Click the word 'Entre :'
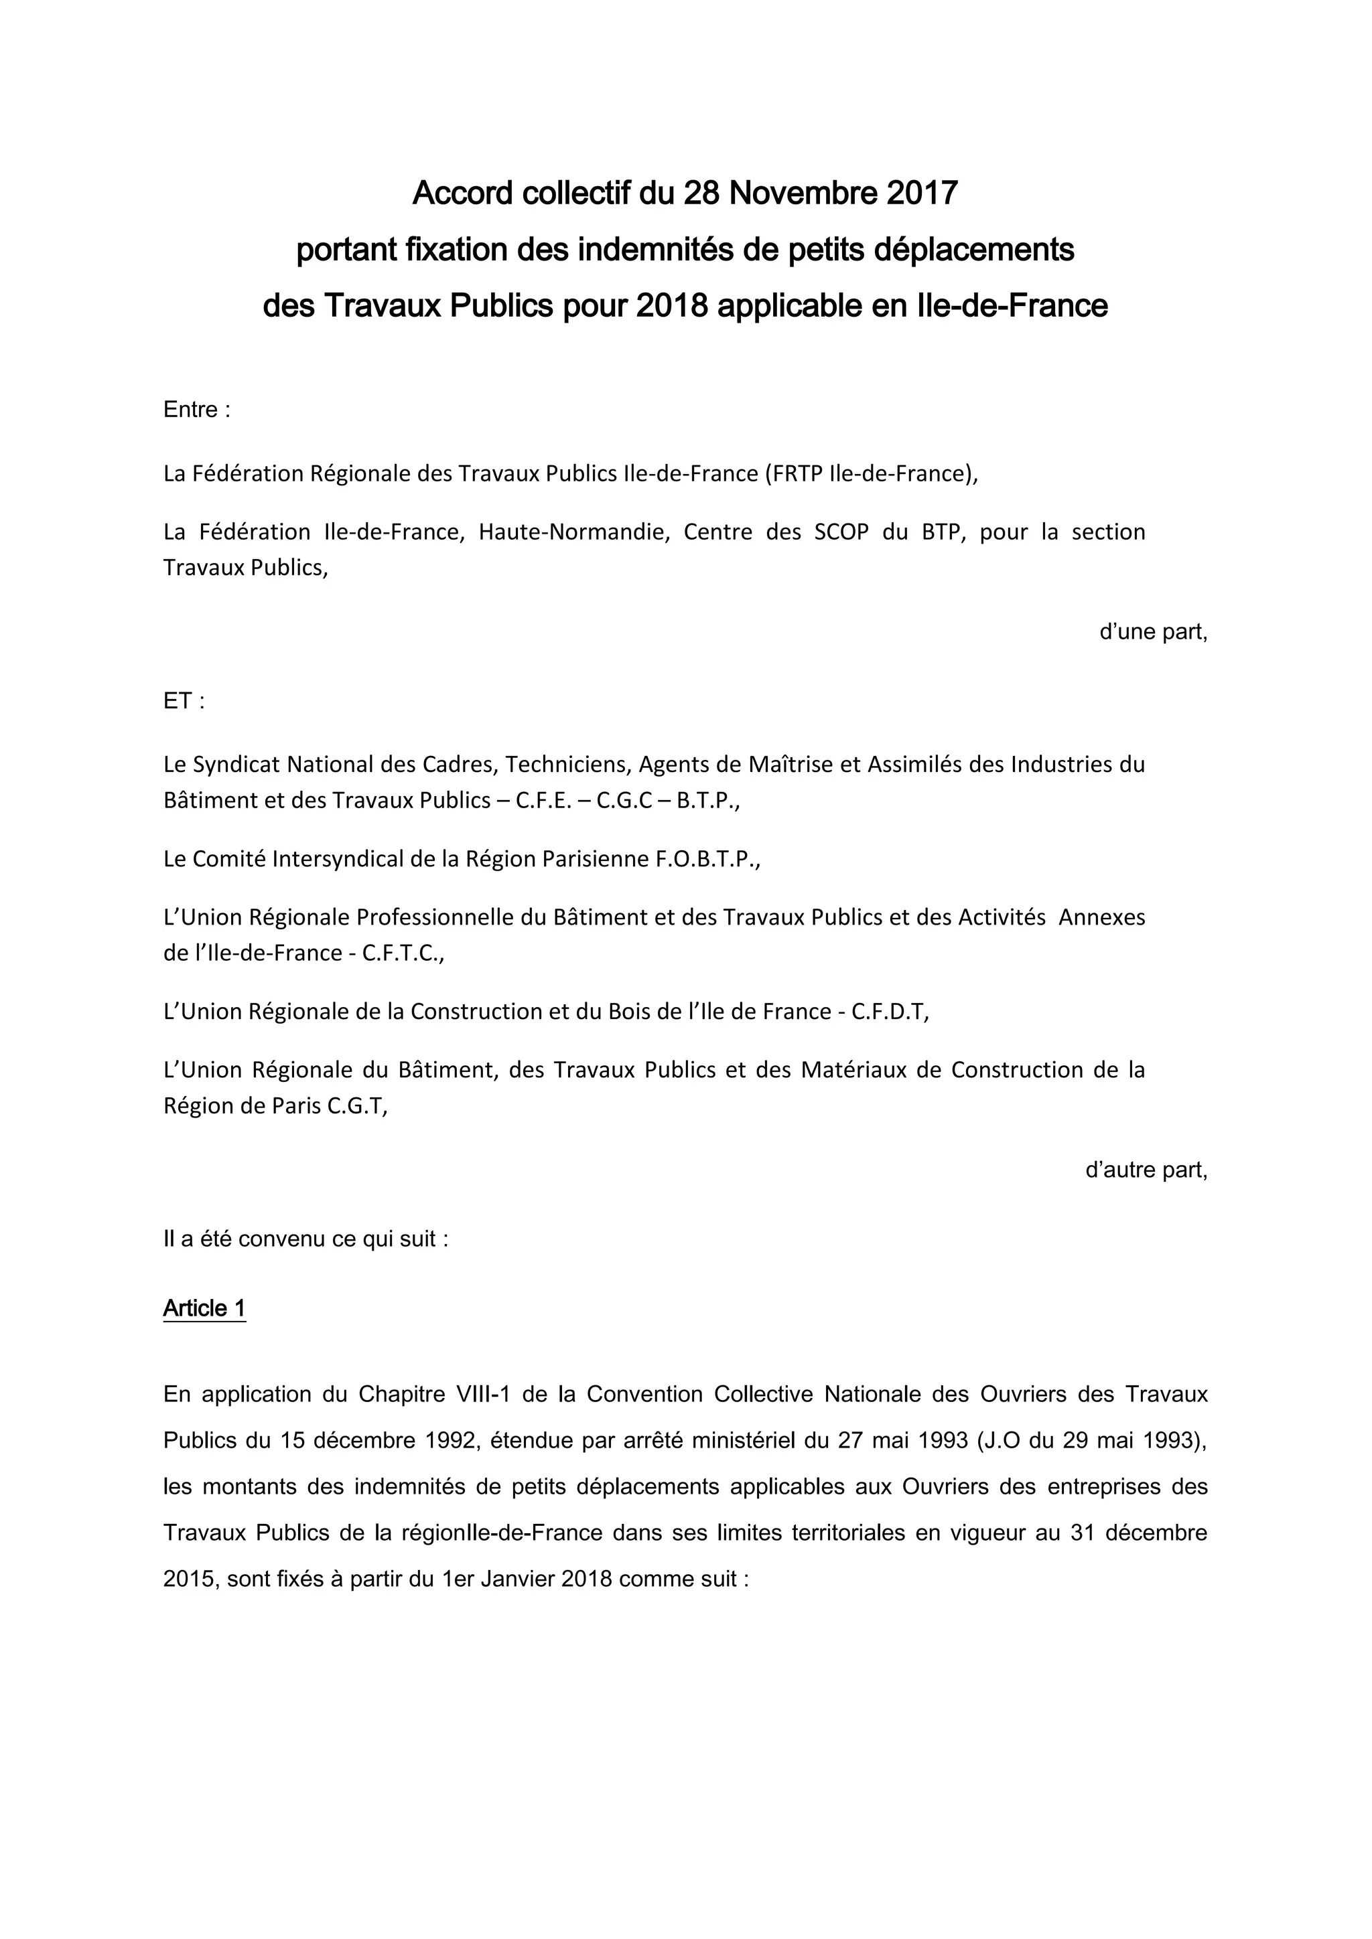pyautogui.click(x=197, y=410)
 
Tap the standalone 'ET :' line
pyautogui.click(x=184, y=701)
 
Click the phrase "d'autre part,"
pyautogui.click(x=1146, y=1170)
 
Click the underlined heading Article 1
pyautogui.click(x=204, y=1308)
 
